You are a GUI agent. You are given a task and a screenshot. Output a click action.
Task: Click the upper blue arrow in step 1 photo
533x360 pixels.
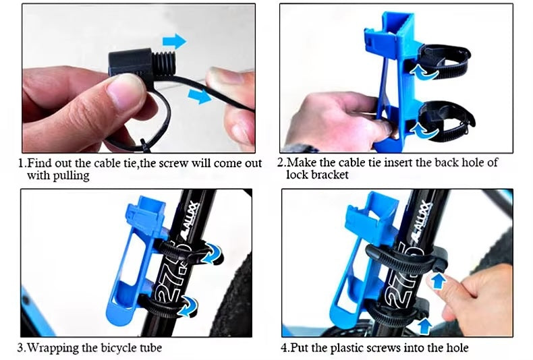[x=174, y=41]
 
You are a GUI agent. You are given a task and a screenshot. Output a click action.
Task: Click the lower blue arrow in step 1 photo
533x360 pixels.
[x=200, y=96]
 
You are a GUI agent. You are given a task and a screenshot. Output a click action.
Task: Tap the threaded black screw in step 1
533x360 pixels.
[x=163, y=65]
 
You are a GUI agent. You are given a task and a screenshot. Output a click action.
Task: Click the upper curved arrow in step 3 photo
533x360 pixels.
[x=211, y=253]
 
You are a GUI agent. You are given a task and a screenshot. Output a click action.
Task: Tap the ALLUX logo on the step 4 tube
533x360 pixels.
[x=422, y=220]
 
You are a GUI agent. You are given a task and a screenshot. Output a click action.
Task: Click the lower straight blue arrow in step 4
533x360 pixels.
[x=424, y=326]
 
